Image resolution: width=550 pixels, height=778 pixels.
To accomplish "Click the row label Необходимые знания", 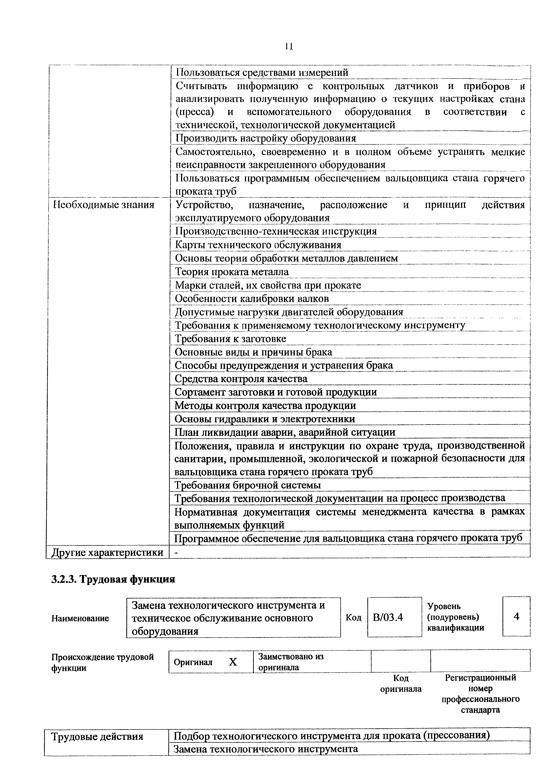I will pyautogui.click(x=104, y=205).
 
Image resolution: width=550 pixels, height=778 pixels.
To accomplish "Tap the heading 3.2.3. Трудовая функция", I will pyautogui.click(x=113, y=579).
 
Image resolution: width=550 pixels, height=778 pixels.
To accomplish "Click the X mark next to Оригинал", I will pyautogui.click(x=233, y=662).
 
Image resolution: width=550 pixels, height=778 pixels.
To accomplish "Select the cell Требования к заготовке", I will pyautogui.click(x=231, y=338).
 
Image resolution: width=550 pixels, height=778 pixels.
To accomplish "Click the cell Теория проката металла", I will pyautogui.click(x=232, y=272).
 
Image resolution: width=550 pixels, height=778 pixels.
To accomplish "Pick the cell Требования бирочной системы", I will pyautogui.click(x=248, y=485).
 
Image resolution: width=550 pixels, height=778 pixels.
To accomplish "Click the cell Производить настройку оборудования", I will pyautogui.click(x=266, y=138).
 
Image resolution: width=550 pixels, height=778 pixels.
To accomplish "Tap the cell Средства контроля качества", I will pyautogui.click(x=241, y=379).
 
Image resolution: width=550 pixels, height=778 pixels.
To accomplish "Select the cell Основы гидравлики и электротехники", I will pyautogui.click(x=265, y=419).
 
